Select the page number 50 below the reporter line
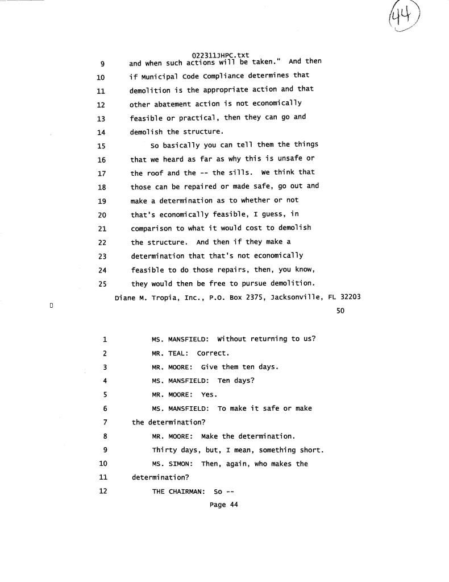point(340,311)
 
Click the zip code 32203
point(350,297)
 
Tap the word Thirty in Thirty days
point(164,450)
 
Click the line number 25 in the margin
point(103,283)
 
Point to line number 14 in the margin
point(102,131)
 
